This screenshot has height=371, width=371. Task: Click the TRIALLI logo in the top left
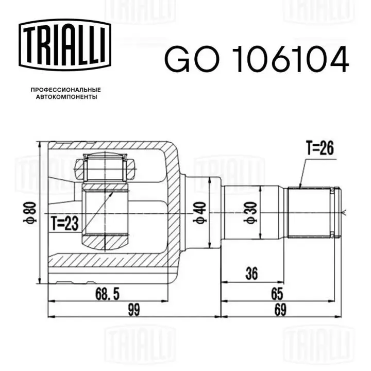point(65,45)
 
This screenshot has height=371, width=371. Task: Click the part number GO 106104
point(257,59)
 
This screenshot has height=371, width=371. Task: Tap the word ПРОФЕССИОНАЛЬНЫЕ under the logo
point(66,90)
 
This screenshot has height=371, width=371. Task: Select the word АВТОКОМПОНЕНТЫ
point(66,97)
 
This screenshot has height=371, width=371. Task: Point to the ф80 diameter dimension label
point(30,212)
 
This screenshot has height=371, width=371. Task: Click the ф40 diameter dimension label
point(200,212)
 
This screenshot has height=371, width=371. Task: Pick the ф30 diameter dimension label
point(250,212)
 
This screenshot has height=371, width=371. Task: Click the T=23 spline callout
point(64,224)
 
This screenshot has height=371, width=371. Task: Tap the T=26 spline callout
point(320,148)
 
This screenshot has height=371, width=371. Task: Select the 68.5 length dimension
point(107,294)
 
